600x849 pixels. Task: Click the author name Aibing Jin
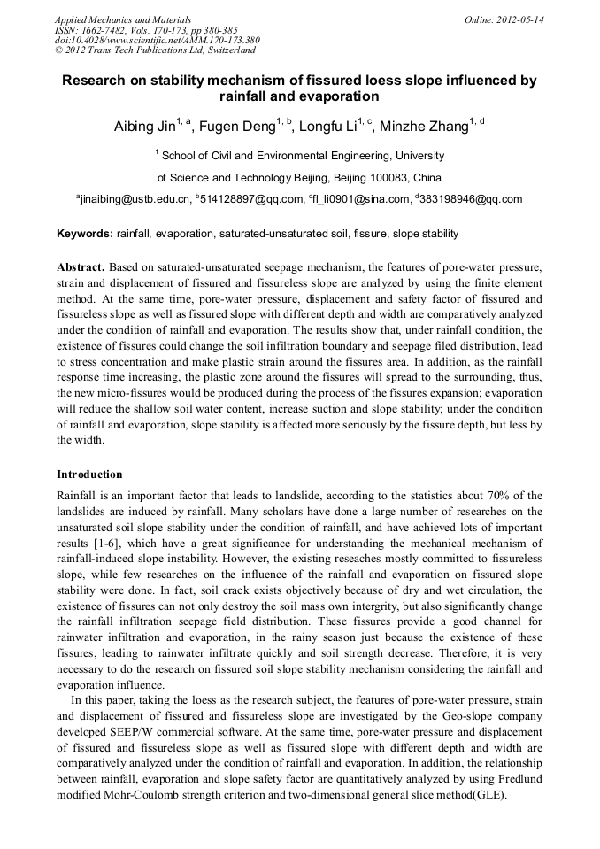click(x=144, y=127)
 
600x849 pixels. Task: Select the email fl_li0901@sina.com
click(x=362, y=199)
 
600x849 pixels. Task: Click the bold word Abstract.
click(x=81, y=266)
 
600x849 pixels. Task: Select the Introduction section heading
click(x=89, y=475)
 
